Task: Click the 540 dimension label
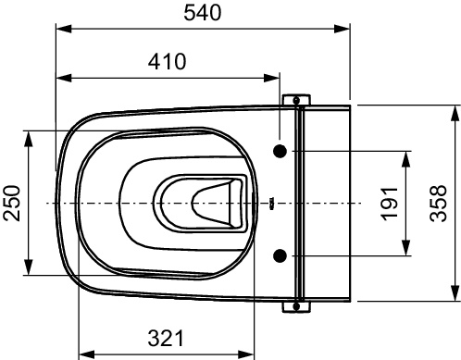(203, 13)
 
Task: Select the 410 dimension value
(167, 62)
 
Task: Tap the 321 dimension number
(166, 338)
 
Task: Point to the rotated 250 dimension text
(12, 203)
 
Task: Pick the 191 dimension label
(390, 204)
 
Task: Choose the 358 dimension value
(438, 203)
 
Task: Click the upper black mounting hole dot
(280, 151)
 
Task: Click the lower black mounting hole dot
(280, 255)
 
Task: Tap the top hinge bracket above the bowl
(296, 100)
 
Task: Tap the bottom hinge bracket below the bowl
(296, 307)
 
